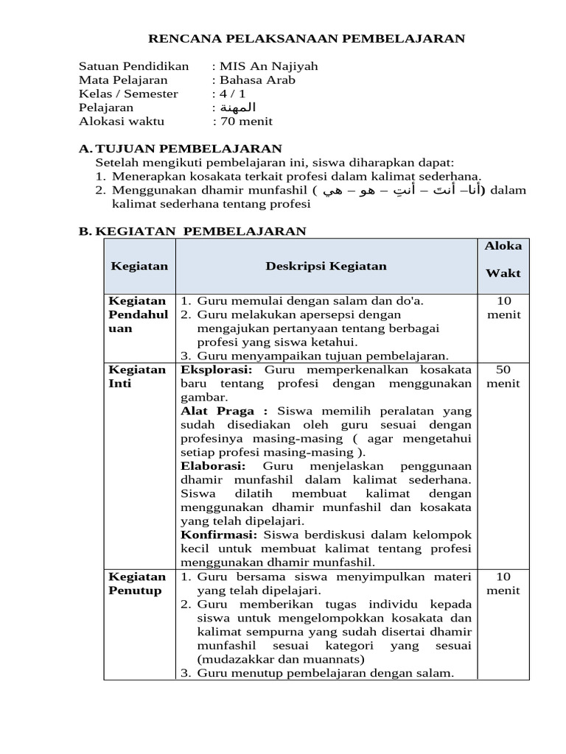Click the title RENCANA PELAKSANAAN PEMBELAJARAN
[x=307, y=38]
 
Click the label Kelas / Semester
[x=128, y=94]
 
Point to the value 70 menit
[x=245, y=121]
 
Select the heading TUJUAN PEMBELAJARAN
[x=189, y=149]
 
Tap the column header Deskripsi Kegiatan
[x=326, y=266]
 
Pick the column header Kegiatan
[x=139, y=266]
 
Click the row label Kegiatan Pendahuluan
[x=138, y=314]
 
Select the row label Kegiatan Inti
[x=137, y=376]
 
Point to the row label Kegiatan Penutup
[x=137, y=583]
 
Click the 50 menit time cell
[x=503, y=376]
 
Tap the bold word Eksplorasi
[x=217, y=370]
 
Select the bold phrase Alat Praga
[x=223, y=411]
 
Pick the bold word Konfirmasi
[x=219, y=535]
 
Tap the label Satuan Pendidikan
[x=133, y=66]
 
